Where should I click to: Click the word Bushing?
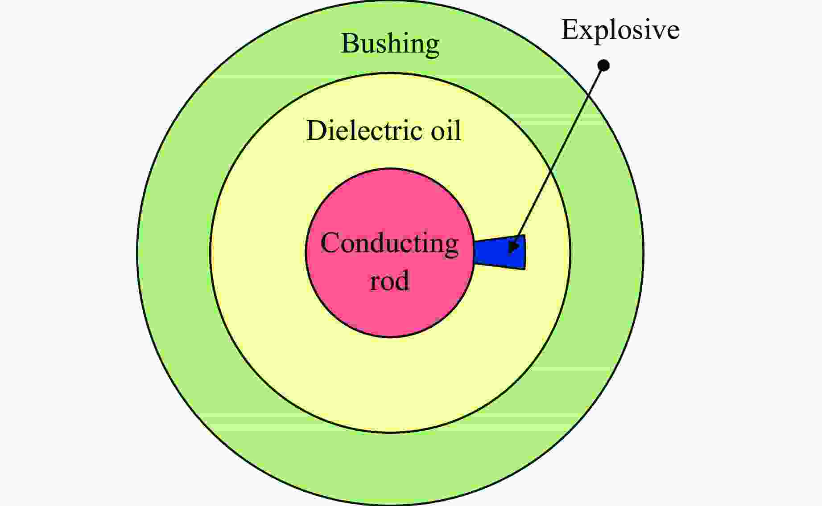click(390, 44)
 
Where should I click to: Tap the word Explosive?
click(620, 30)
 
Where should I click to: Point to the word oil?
click(446, 131)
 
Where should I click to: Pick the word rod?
click(389, 281)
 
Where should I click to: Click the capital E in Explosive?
click(569, 30)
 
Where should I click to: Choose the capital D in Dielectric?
click(316, 131)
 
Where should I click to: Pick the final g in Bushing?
click(432, 47)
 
